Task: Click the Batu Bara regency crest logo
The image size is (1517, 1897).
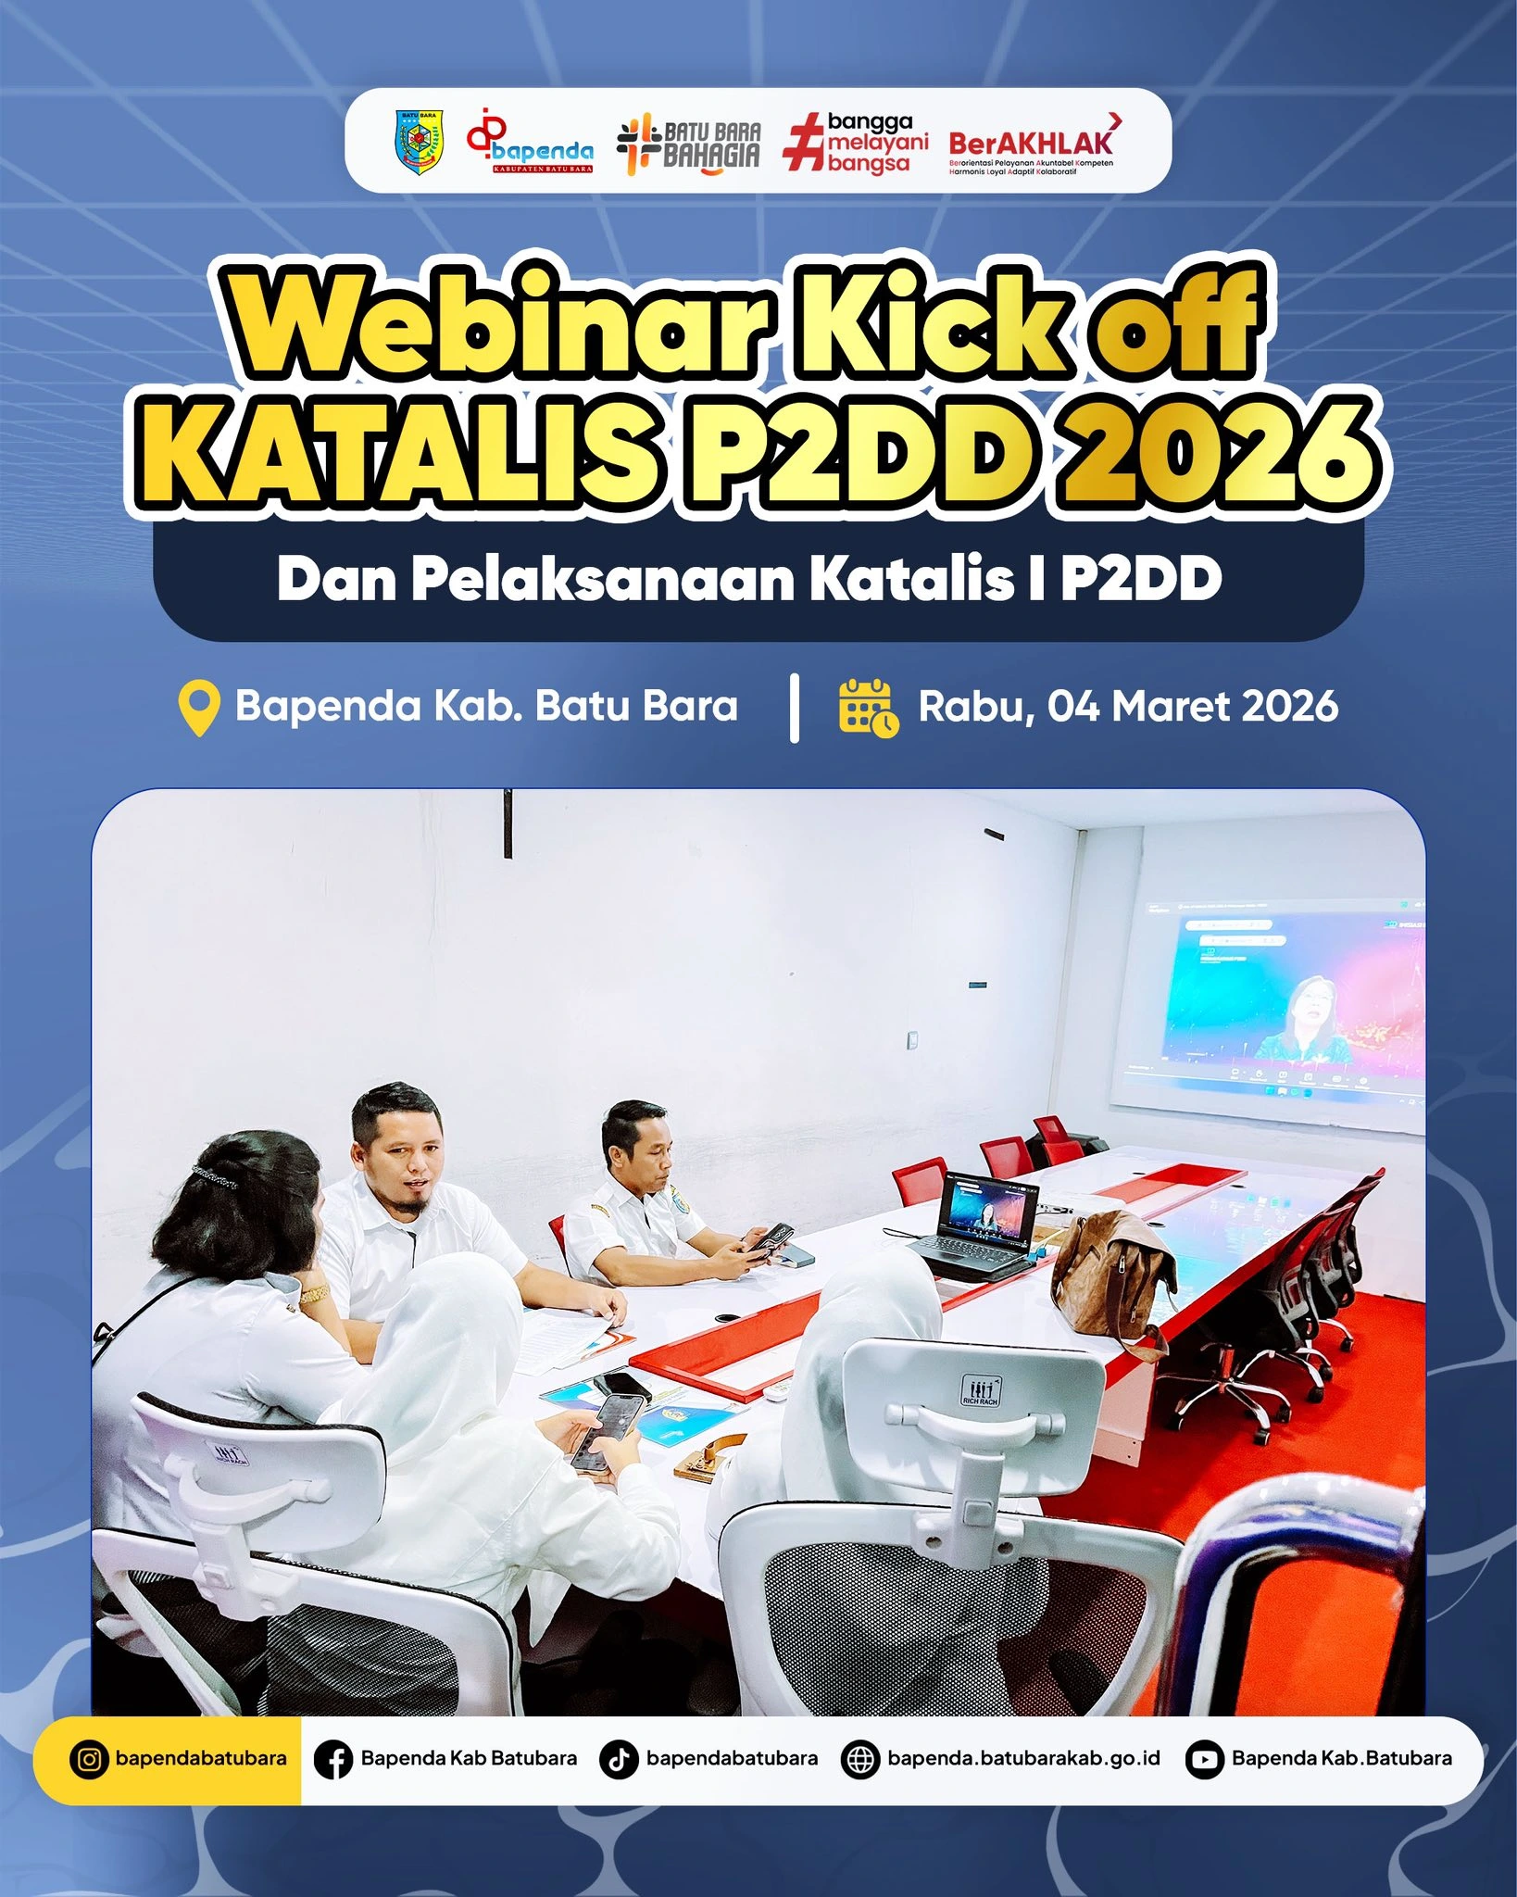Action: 420,142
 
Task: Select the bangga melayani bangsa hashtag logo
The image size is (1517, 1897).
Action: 856,143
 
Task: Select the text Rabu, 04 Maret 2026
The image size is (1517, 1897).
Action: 1127,707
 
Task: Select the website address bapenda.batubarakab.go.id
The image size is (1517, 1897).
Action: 1022,1758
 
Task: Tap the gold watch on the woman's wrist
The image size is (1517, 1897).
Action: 314,1294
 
